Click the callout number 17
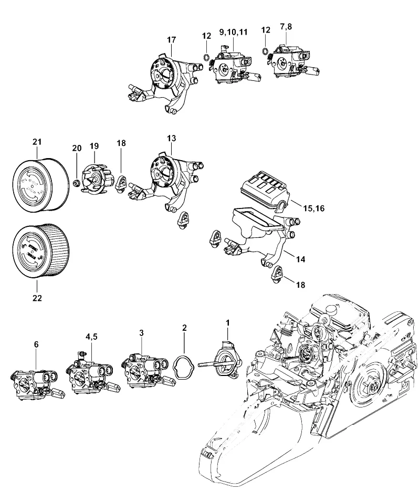172,40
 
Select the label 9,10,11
234,32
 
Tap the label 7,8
286,27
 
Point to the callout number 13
172,138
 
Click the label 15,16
313,208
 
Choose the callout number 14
300,259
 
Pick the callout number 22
37,298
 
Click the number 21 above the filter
37,142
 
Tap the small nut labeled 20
75,183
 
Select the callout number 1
227,323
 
